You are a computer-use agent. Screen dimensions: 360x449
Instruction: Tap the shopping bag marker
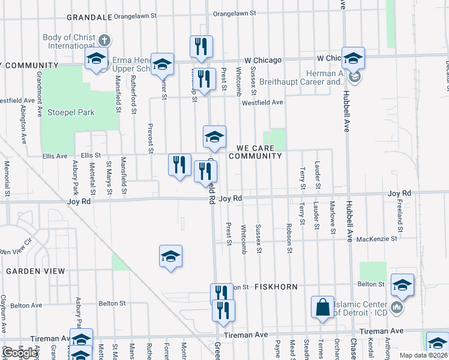tap(322, 307)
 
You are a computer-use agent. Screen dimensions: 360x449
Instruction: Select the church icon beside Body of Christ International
tap(104, 41)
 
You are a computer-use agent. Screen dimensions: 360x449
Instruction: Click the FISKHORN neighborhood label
tap(275, 287)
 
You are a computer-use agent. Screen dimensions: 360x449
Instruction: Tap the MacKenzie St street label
tap(377, 239)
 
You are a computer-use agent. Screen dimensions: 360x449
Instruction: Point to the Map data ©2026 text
tap(424, 355)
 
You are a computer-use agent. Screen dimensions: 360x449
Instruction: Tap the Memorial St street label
tap(7, 178)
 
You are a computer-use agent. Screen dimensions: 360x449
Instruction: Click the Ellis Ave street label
tap(55, 156)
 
